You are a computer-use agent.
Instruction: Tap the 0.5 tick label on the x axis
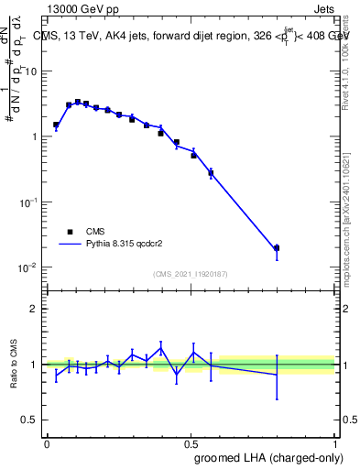[x=190, y=442]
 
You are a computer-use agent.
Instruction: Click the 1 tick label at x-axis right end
[x=333, y=442]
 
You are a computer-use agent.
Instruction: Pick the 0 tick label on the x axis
[x=47, y=442]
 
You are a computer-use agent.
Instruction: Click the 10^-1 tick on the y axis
[x=30, y=202]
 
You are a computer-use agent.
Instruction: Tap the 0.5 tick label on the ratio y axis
[x=30, y=420]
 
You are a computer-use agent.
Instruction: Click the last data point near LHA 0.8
[x=277, y=248]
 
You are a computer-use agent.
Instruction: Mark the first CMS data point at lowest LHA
[x=56, y=125]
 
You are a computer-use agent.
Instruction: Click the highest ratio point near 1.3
[x=161, y=347]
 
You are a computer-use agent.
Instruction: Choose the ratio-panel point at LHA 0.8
[x=277, y=375]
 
